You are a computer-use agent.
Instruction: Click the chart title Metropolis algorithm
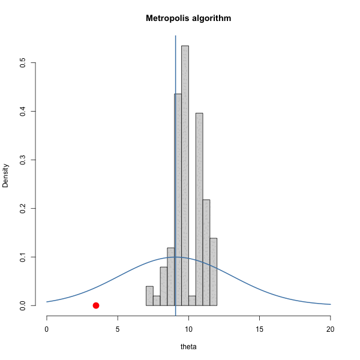188,19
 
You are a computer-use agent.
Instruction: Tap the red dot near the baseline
96,305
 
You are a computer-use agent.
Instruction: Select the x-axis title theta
188,347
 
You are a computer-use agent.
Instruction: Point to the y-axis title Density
6,176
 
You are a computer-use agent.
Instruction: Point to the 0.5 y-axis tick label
22,62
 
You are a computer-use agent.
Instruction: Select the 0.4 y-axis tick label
22,111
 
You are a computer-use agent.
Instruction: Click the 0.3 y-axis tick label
22,160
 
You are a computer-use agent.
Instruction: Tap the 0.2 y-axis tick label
22,208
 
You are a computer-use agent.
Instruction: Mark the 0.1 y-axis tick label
22,257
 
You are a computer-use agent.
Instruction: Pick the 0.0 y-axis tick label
22,305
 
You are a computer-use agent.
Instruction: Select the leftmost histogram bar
149,296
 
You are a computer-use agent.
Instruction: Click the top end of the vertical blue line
175,36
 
